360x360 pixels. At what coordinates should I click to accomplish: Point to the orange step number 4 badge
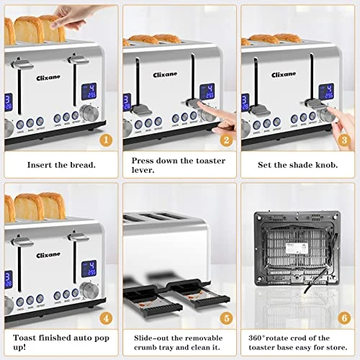pos(106,317)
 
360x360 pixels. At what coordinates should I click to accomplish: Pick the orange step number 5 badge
pos(225,317)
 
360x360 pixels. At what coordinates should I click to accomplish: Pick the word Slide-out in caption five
pos(146,337)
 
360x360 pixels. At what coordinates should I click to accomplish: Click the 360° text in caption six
pos(257,337)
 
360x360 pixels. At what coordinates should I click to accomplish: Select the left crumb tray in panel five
pos(148,295)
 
